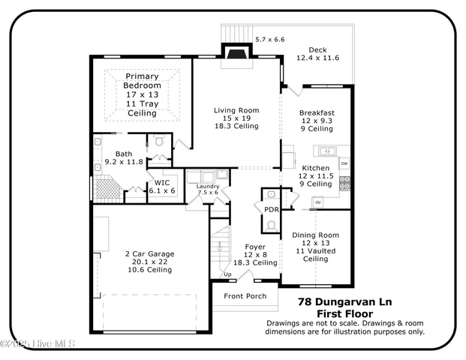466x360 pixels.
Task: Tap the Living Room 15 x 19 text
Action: pos(236,118)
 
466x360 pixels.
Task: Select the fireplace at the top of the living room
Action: pos(236,53)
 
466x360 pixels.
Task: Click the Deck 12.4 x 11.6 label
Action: pos(317,52)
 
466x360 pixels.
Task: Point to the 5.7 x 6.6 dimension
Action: pos(269,39)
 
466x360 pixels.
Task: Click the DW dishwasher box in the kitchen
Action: pos(344,163)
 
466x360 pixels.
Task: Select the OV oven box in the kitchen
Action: pos(317,202)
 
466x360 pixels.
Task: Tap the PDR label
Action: pos(271,209)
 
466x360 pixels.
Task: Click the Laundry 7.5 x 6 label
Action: pos(207,189)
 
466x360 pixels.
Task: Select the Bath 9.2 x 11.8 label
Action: pos(123,157)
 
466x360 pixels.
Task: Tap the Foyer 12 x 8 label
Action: pos(255,254)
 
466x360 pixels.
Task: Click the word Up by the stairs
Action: pos(228,274)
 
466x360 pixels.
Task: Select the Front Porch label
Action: pos(245,296)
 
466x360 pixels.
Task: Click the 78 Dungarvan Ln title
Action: pos(344,303)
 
